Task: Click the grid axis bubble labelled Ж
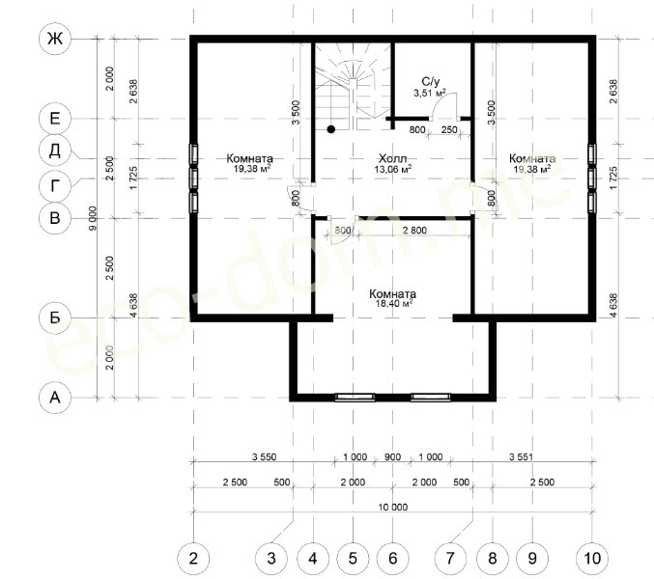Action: tap(55, 40)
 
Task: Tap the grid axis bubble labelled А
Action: tap(55, 398)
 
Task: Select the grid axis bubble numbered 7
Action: tap(449, 558)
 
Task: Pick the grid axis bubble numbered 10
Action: tap(592, 558)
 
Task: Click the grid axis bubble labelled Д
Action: tap(55, 150)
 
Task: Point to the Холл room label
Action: tap(392, 158)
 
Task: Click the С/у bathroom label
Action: tap(431, 82)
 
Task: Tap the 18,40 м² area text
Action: tap(394, 303)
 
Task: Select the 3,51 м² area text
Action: tap(430, 93)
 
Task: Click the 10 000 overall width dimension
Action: tap(393, 507)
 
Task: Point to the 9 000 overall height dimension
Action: tap(93, 218)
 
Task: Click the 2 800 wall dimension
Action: tap(414, 230)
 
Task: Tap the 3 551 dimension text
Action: tap(521, 457)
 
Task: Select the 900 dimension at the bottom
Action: tap(392, 457)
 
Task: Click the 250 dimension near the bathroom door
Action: tap(449, 129)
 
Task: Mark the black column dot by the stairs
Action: tap(331, 129)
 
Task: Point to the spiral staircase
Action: tap(354, 88)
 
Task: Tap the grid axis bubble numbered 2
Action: tap(193, 558)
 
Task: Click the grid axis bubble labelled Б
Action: tap(55, 317)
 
